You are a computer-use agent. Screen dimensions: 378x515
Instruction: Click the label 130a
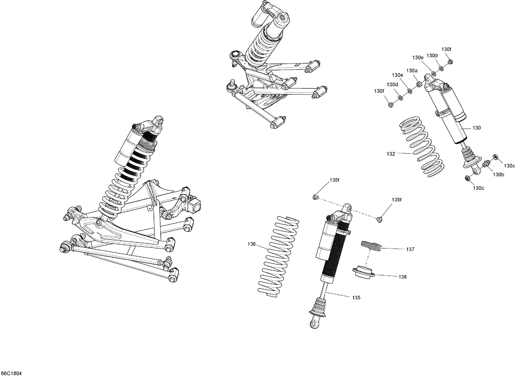412,70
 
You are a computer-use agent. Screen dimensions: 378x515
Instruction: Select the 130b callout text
498,175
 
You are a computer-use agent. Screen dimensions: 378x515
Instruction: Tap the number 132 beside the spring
391,154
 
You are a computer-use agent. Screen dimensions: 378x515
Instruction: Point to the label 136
252,244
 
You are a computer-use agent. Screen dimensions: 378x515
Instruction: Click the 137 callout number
410,250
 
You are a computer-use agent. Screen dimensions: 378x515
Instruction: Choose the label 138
402,277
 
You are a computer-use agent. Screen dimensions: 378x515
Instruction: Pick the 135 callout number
356,298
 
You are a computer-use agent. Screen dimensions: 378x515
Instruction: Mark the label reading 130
477,128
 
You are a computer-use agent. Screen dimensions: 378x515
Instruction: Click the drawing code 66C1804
11,374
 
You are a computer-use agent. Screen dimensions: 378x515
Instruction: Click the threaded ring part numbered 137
370,245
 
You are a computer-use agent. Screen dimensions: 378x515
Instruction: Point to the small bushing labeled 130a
419,84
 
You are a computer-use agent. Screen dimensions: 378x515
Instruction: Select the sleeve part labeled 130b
486,163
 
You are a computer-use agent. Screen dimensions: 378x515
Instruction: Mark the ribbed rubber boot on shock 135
318,305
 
